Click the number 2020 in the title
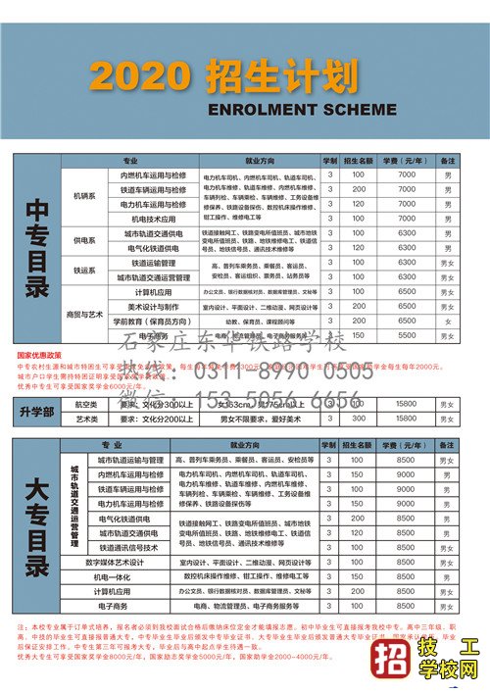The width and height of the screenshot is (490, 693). tap(136, 74)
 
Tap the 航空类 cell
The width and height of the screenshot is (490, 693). tap(86, 404)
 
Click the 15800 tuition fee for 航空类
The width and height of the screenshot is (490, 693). tap(407, 404)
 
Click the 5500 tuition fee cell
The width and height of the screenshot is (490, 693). tap(407, 335)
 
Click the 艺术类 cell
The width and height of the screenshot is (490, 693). tap(86, 419)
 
